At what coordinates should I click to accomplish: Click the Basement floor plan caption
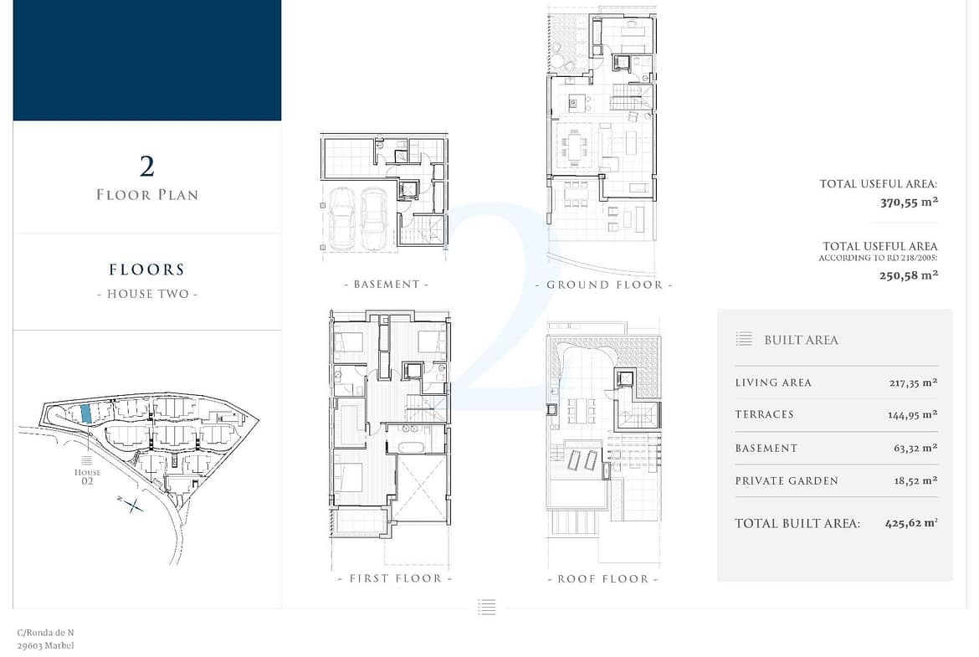[387, 285]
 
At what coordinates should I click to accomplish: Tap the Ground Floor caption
[604, 285]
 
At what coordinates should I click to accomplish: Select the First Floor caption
[395, 578]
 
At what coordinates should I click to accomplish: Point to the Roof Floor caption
[602, 579]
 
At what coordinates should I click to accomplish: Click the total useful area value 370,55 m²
[909, 203]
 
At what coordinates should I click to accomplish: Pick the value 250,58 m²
[909, 275]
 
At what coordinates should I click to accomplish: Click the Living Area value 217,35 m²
[914, 382]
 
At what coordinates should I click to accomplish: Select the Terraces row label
[764, 414]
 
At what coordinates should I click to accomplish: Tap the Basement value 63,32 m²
[915, 448]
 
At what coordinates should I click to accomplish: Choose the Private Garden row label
[787, 481]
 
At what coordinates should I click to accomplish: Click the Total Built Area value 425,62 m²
[911, 523]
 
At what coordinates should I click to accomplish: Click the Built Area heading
[801, 340]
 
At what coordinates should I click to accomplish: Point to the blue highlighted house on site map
[86, 413]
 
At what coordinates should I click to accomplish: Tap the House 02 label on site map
[87, 476]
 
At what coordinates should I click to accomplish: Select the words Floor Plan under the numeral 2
[147, 195]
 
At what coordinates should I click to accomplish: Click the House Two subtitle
[147, 294]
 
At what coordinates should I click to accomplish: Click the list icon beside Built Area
[744, 339]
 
